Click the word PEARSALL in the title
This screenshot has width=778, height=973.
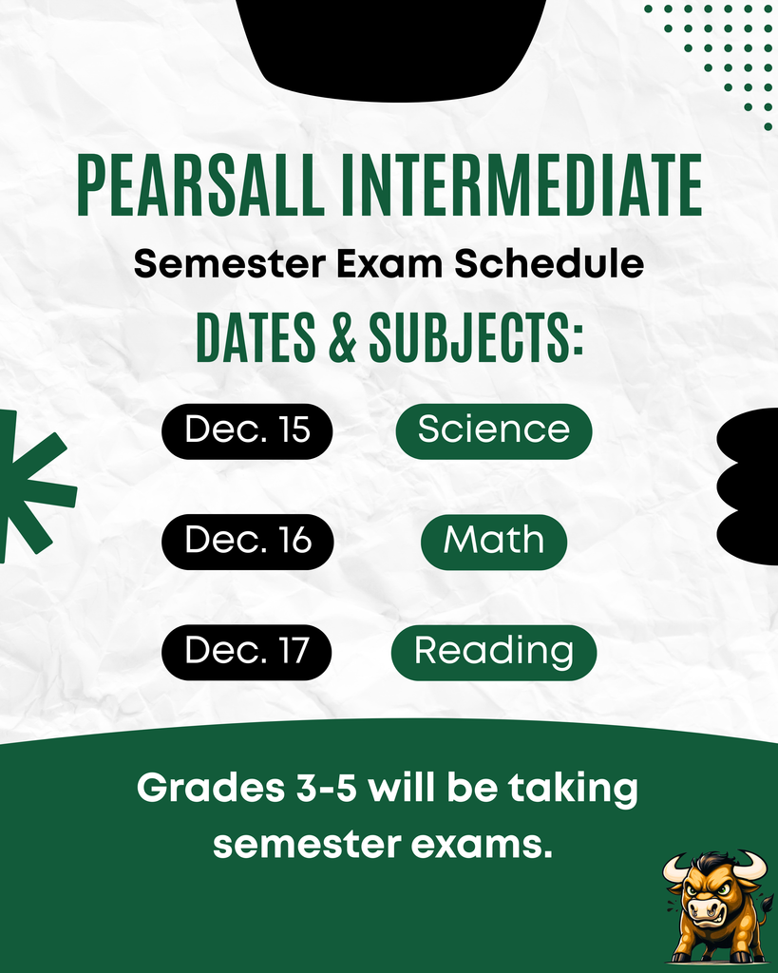[199, 186]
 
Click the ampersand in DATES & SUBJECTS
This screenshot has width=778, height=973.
[344, 335]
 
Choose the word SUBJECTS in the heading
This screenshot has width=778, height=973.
[475, 335]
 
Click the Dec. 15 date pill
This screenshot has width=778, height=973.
[247, 429]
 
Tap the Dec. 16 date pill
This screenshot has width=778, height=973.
[247, 541]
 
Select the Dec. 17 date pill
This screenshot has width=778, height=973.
[247, 652]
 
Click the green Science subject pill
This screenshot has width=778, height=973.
[493, 429]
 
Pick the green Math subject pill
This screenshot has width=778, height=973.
[493, 541]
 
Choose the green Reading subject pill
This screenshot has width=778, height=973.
[493, 652]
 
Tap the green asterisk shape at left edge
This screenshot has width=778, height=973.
[28, 485]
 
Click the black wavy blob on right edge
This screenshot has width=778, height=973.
[750, 485]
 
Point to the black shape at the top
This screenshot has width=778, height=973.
[390, 48]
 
